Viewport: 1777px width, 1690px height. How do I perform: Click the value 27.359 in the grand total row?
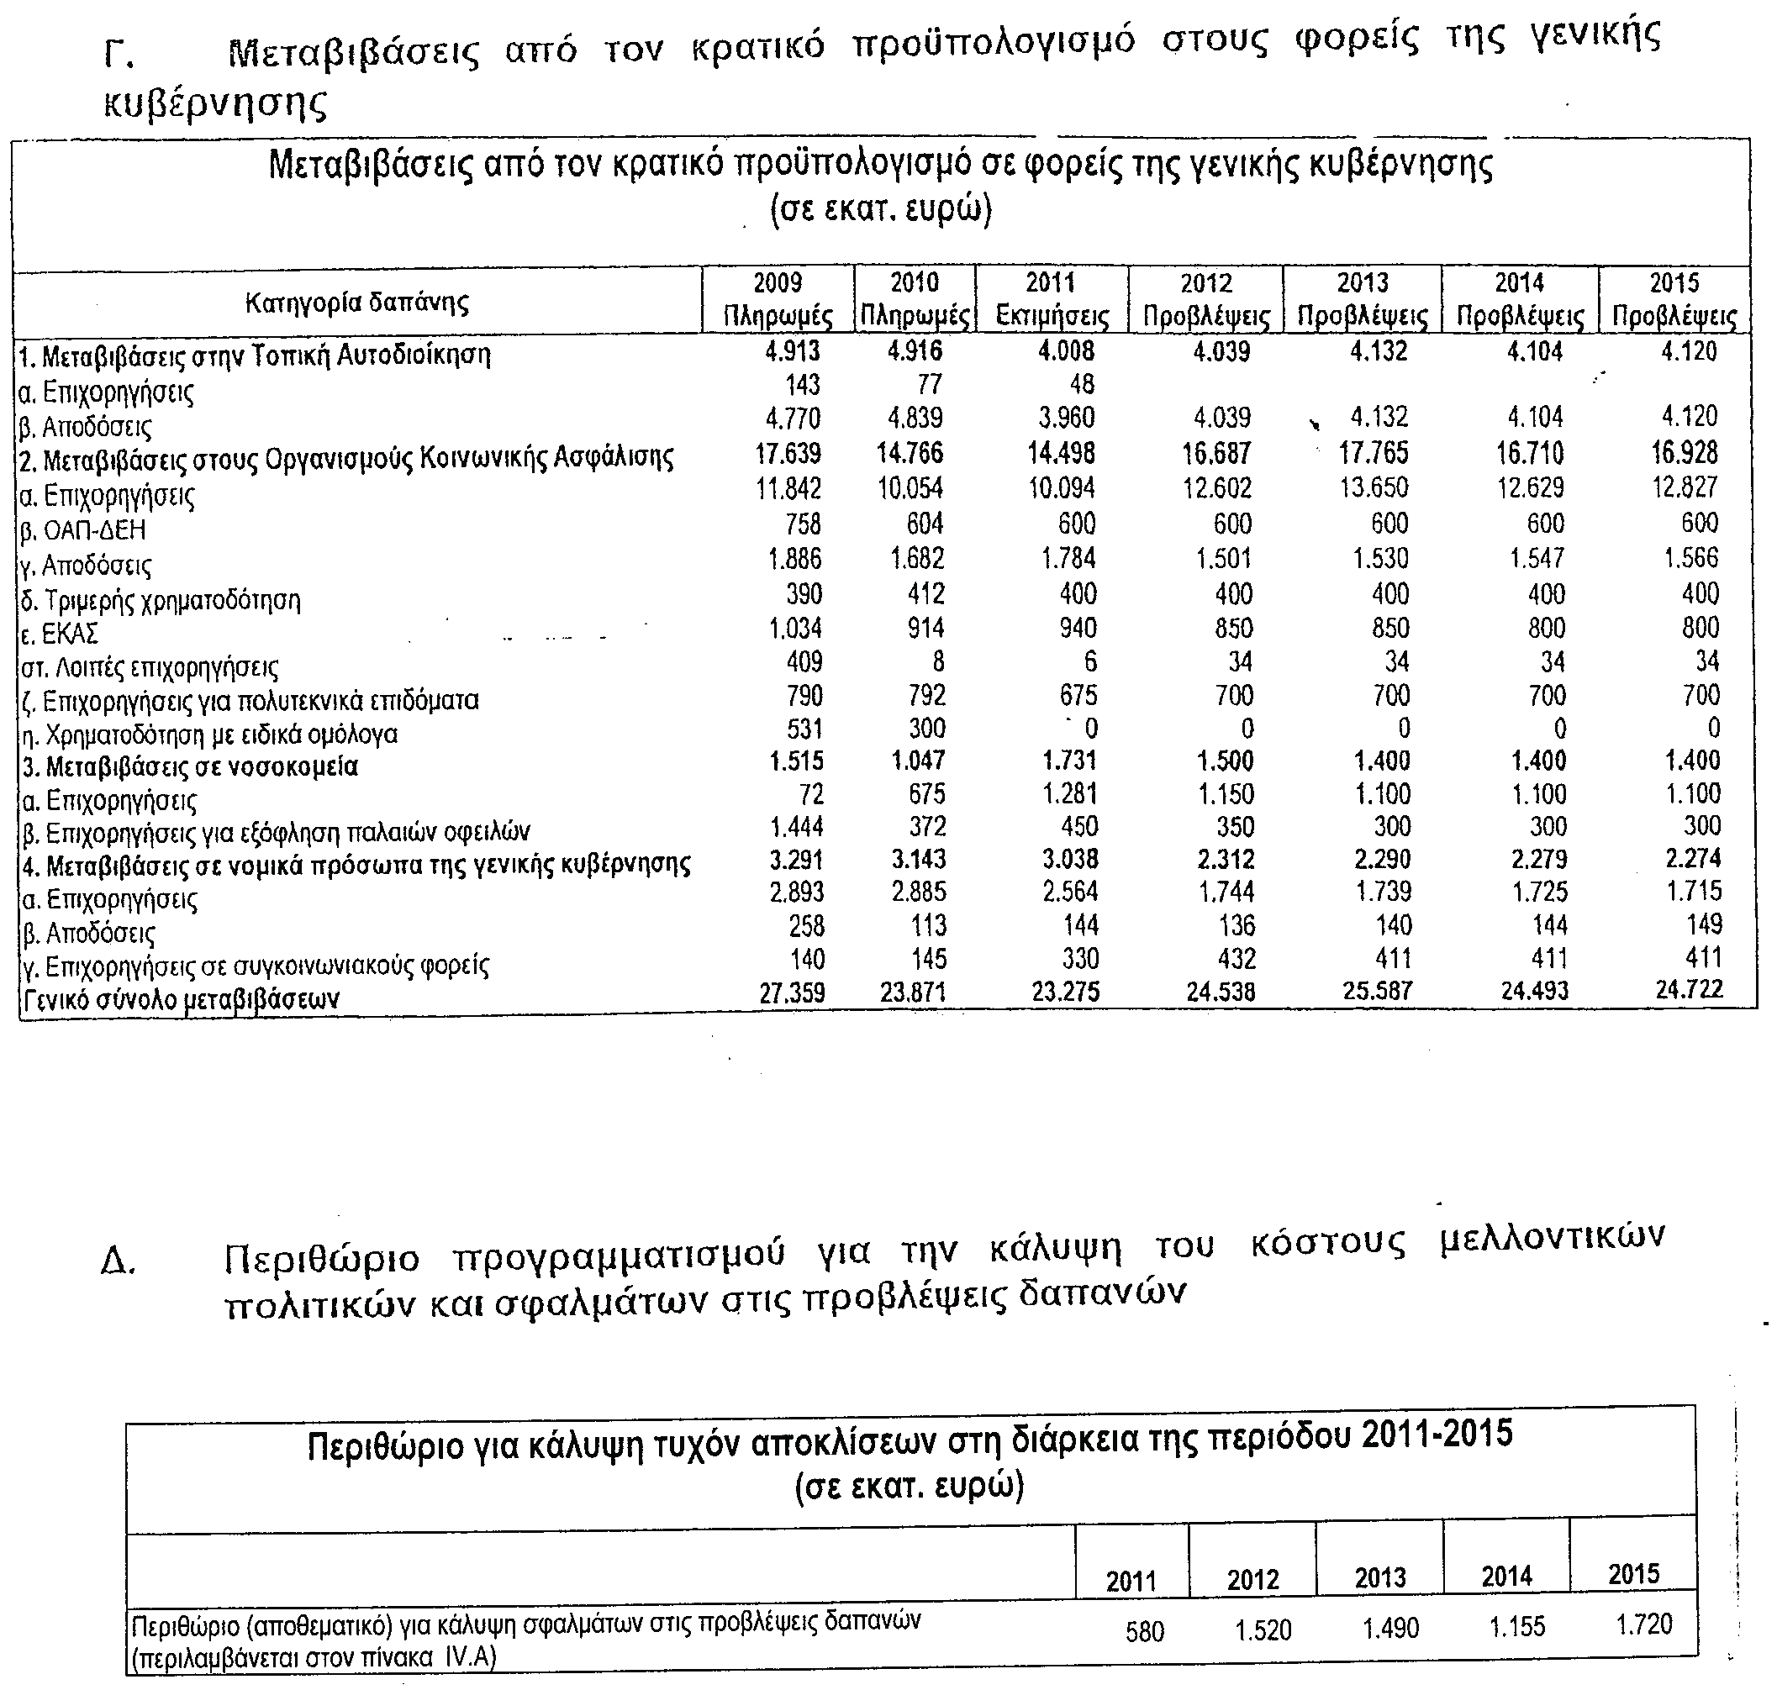pyautogui.click(x=791, y=992)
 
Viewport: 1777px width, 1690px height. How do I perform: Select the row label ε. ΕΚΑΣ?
pyautogui.click(x=59, y=634)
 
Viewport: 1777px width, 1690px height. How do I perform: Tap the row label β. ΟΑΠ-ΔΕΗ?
pyautogui.click(x=82, y=529)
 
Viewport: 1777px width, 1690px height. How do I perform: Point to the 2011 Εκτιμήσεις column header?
pyautogui.click(x=1051, y=300)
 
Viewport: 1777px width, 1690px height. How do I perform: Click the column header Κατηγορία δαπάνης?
pyautogui.click(x=357, y=302)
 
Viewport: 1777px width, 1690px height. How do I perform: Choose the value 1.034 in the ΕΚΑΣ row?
pyautogui.click(x=795, y=627)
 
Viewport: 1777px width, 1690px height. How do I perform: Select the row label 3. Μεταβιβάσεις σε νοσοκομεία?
pyautogui.click(x=188, y=766)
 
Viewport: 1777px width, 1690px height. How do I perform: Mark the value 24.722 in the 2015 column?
pyautogui.click(x=1688, y=989)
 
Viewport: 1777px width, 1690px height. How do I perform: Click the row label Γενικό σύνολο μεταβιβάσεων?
pyautogui.click(x=180, y=998)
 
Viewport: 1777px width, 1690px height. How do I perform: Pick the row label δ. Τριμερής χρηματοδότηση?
pyautogui.click(x=160, y=599)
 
